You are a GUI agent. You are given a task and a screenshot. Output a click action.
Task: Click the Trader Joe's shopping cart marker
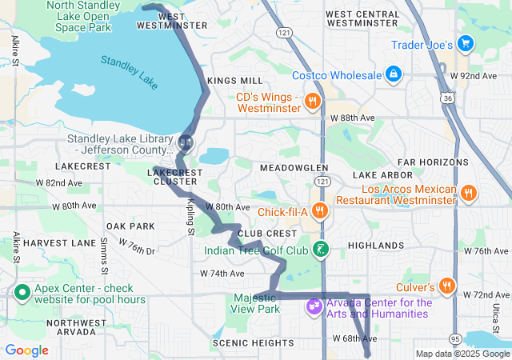coord(465,45)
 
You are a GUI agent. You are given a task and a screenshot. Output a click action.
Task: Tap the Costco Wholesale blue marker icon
coord(392,75)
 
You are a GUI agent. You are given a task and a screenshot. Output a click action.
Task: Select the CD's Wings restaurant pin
coord(313,102)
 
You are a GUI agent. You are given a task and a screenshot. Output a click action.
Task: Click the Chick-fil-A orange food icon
coord(319,211)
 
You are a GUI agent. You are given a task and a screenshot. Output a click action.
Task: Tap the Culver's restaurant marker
coord(446,286)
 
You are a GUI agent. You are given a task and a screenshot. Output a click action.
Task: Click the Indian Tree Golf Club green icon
coord(320,250)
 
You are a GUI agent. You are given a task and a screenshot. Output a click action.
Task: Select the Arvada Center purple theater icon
coord(314,306)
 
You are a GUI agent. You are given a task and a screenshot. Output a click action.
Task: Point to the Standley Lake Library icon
coord(186,142)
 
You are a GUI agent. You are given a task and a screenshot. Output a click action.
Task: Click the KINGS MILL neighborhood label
coord(234,82)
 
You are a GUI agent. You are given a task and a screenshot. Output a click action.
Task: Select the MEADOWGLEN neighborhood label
coord(294,168)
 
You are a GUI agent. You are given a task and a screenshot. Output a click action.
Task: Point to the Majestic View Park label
coord(255,302)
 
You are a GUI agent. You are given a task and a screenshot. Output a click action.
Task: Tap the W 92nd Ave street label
coord(472,75)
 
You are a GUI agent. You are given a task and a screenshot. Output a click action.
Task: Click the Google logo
coord(27,350)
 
